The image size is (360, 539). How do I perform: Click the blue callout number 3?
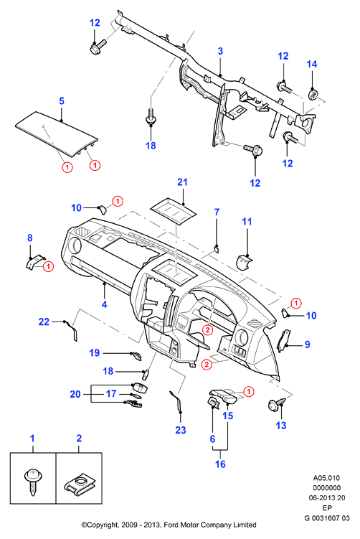tap(220, 51)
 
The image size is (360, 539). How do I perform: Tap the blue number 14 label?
tap(311, 64)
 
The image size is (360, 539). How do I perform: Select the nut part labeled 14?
tap(313, 95)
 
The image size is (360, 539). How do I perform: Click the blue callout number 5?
tap(62, 101)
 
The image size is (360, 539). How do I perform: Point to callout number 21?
tap(182, 182)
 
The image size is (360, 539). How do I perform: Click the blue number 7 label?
tap(217, 212)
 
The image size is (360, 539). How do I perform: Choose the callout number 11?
tap(247, 222)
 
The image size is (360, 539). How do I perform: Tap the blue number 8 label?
tap(30, 238)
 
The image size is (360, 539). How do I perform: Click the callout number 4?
tap(104, 304)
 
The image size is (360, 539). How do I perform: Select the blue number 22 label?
tap(44, 322)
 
